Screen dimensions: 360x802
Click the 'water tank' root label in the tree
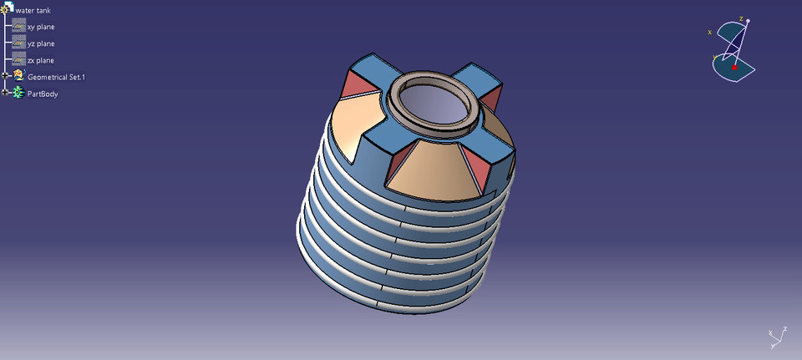(x=33, y=10)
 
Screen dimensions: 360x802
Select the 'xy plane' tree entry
(x=40, y=27)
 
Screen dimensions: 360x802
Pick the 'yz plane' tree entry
(x=40, y=43)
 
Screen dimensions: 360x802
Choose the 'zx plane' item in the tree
(x=40, y=60)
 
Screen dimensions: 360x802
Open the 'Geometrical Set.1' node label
(x=56, y=77)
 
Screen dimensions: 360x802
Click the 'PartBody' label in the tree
(x=43, y=94)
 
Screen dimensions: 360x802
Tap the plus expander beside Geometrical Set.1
(x=6, y=75)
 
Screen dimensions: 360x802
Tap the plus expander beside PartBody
(x=6, y=92)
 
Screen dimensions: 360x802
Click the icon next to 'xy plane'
(x=18, y=26)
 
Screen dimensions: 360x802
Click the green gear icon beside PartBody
(x=18, y=93)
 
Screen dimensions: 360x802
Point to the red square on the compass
(x=734, y=67)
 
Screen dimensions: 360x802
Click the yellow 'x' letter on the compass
(x=709, y=33)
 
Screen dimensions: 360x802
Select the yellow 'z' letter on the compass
(x=740, y=18)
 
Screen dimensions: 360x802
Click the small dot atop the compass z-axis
(x=748, y=21)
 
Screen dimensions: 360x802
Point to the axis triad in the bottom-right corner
(x=775, y=337)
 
